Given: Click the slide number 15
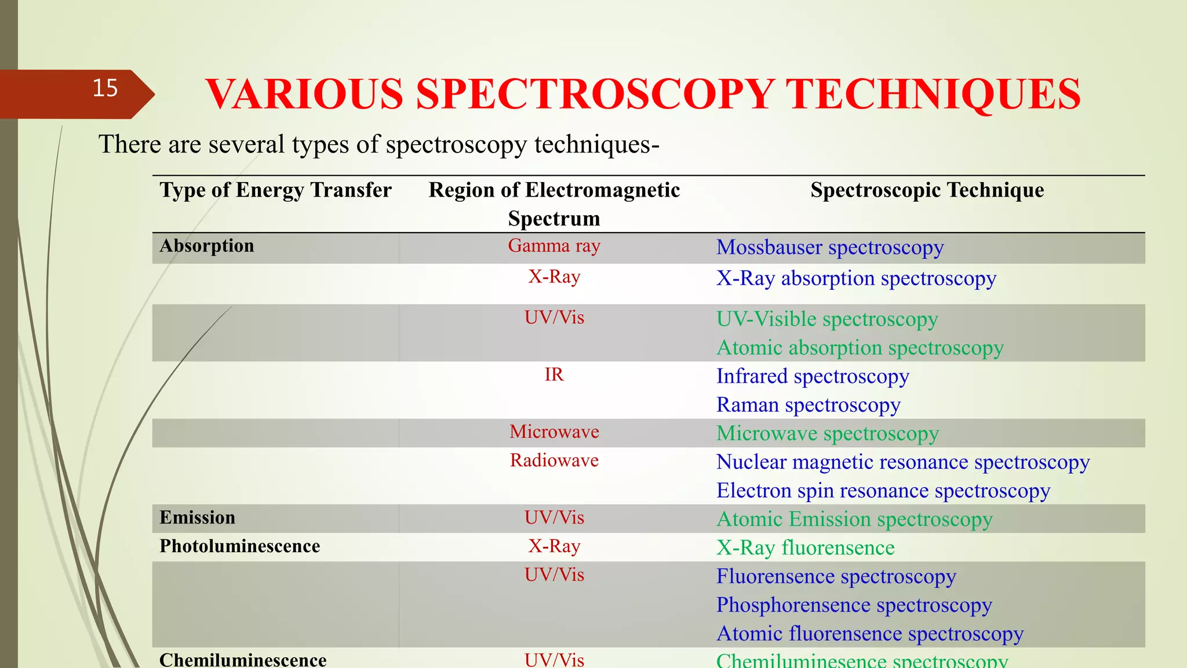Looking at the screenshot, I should [x=105, y=89].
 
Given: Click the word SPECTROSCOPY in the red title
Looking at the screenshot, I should [x=595, y=95].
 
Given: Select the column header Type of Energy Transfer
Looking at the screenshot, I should [x=275, y=190].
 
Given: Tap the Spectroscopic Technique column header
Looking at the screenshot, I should [x=927, y=190].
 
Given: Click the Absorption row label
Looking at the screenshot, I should [x=207, y=246].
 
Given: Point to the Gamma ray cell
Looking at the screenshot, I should [x=554, y=246].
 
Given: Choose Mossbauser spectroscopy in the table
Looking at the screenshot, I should [x=829, y=248].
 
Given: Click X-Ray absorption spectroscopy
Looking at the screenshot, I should [x=855, y=279].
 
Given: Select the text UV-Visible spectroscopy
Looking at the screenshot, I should [x=826, y=320].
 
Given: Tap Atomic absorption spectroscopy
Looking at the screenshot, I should [x=860, y=348].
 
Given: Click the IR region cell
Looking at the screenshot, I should [x=554, y=375].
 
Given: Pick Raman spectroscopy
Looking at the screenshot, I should [x=808, y=405].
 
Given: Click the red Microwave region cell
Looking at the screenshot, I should [x=554, y=432].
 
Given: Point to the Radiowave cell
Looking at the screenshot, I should [x=554, y=460].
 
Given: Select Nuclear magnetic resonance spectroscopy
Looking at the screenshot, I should [x=902, y=463].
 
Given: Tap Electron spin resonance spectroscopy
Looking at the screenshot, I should [x=883, y=491].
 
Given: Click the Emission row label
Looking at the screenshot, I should [x=197, y=518].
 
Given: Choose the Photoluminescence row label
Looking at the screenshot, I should [x=239, y=546].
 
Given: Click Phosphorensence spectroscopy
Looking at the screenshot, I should [x=854, y=605].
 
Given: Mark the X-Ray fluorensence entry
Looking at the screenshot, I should [x=805, y=548].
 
